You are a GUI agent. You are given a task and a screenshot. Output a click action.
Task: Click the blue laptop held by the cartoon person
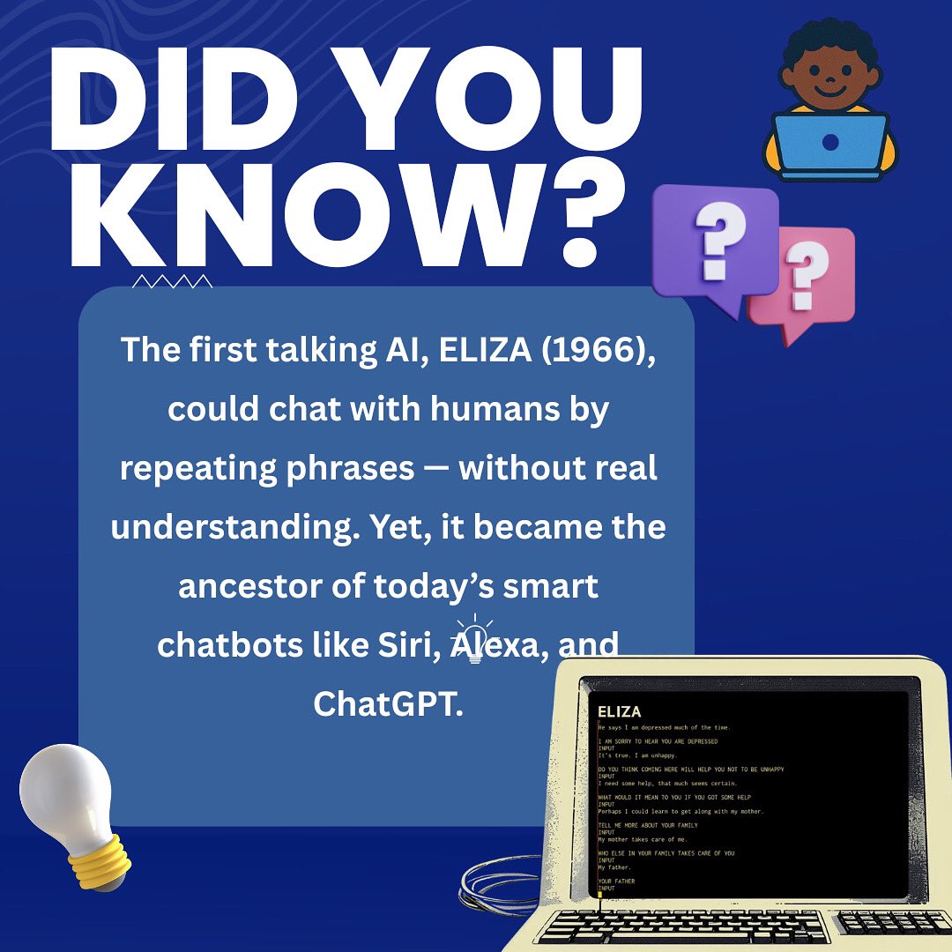tap(829, 143)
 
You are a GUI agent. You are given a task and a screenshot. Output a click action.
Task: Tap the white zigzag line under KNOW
tap(172, 281)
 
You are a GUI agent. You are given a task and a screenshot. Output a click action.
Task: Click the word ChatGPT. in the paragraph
tap(388, 703)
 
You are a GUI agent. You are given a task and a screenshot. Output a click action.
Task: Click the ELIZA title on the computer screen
tap(619, 711)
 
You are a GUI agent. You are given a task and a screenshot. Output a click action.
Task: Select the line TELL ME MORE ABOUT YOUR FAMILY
tap(647, 825)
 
